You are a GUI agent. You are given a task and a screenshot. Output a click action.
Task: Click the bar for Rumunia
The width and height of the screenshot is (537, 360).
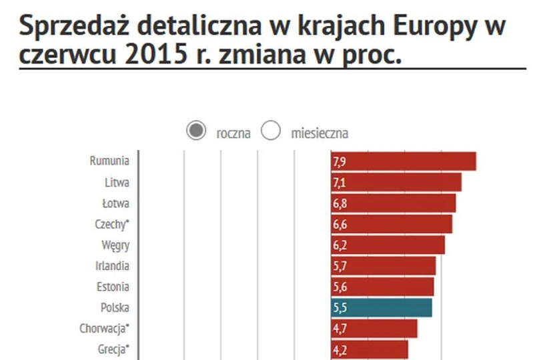[x=404, y=161]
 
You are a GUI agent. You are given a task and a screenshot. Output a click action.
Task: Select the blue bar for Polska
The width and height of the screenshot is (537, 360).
[x=382, y=308]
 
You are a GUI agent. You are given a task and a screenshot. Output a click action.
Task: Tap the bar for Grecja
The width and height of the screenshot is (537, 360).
[x=370, y=349]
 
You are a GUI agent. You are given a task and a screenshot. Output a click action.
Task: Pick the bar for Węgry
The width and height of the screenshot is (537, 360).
[x=388, y=245]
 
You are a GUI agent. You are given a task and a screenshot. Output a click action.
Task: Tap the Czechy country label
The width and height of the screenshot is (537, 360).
[x=112, y=224]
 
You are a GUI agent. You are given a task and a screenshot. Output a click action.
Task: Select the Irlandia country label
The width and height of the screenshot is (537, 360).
[x=112, y=266]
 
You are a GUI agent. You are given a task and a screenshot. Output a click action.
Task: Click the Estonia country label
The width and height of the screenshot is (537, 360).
[x=112, y=287]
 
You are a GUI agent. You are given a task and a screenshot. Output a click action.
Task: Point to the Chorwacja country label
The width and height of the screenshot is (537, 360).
[x=104, y=329]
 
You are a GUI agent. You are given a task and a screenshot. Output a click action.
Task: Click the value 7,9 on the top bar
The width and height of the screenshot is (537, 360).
[x=339, y=162]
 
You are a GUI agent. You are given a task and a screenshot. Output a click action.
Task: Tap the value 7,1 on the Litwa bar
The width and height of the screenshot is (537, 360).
[x=339, y=183]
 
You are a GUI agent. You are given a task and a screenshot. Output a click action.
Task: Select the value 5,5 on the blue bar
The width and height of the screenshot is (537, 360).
[x=339, y=308]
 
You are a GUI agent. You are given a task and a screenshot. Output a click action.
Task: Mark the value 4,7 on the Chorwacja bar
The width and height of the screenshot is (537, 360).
[x=339, y=329]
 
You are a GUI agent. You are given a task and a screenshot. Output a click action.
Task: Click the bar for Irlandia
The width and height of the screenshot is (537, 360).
[x=384, y=266]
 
